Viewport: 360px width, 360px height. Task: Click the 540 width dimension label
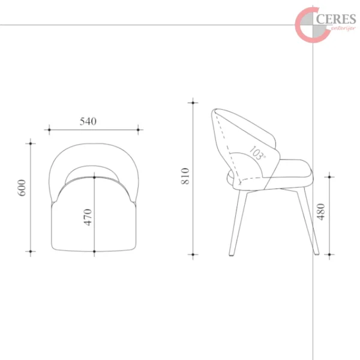point(88,121)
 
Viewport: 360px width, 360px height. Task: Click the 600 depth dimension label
point(22,188)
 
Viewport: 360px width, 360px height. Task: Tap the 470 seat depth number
point(88,217)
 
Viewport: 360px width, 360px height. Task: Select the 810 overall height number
point(185,176)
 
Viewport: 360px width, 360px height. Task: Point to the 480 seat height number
point(321,212)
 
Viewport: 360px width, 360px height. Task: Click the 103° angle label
point(257,152)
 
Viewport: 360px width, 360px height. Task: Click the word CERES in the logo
point(336,19)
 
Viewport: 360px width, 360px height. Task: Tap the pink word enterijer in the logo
point(343,28)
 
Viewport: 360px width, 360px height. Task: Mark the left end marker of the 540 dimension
point(49,130)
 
